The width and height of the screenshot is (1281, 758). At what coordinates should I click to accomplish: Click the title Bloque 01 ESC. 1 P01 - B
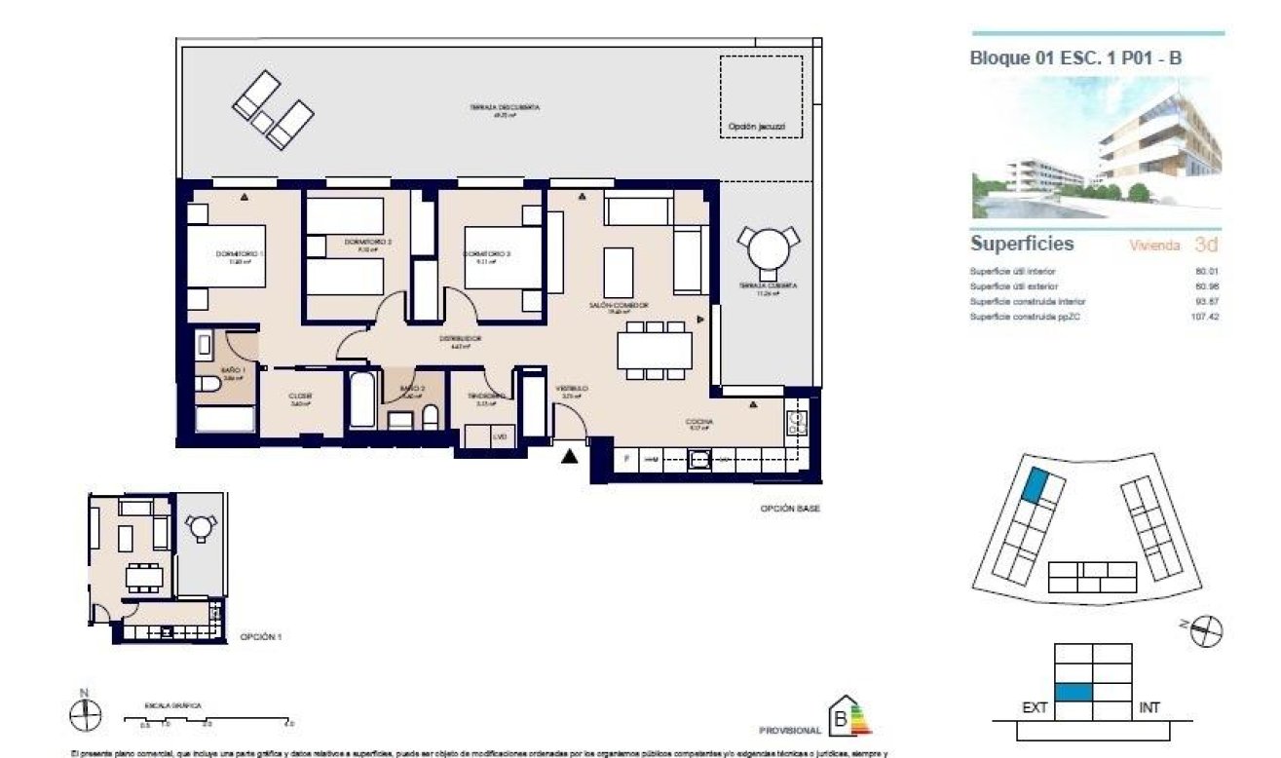(1075, 58)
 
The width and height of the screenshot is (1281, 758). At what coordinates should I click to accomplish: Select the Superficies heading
(1022, 244)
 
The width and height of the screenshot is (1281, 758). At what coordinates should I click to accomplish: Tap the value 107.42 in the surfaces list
(1206, 317)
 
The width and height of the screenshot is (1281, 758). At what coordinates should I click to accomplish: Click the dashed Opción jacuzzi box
(761, 97)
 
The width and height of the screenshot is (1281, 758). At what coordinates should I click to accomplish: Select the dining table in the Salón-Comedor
(655, 350)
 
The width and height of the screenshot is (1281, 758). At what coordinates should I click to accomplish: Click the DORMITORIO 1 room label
(240, 255)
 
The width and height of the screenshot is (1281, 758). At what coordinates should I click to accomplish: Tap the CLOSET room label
(299, 396)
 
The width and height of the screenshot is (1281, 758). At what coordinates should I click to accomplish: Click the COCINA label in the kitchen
(700, 423)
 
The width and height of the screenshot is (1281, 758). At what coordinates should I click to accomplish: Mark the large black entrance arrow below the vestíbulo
(571, 454)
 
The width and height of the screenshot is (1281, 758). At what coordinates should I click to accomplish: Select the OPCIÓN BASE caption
(790, 509)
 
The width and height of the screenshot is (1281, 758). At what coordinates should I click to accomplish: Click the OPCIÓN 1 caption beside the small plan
(260, 637)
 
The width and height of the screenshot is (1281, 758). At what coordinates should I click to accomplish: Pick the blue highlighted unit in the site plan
(1035, 484)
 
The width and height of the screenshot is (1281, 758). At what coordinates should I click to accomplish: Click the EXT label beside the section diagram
(1035, 708)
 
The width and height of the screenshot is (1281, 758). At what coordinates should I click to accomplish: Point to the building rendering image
(1096, 148)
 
